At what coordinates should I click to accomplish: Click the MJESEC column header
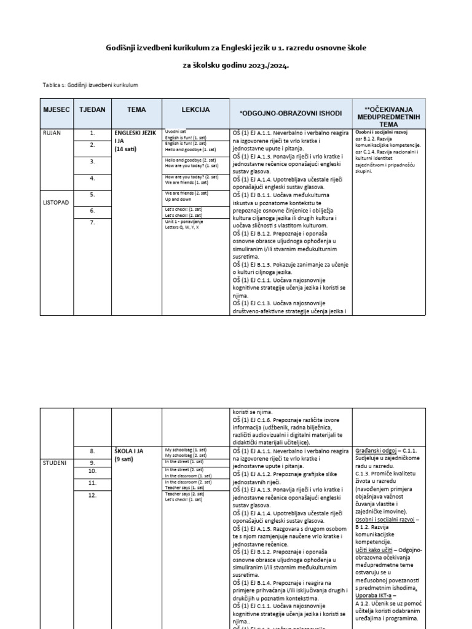pos(57,110)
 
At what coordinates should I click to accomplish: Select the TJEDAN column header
pos(93,110)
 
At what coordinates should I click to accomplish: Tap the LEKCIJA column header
pos(195,110)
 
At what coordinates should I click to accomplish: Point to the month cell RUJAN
pos(52,132)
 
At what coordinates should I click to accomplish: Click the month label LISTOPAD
pos(57,200)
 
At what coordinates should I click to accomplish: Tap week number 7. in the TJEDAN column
pos(93,222)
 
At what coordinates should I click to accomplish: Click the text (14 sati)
pos(127,149)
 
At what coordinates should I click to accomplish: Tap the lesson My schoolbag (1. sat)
pos(188,450)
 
